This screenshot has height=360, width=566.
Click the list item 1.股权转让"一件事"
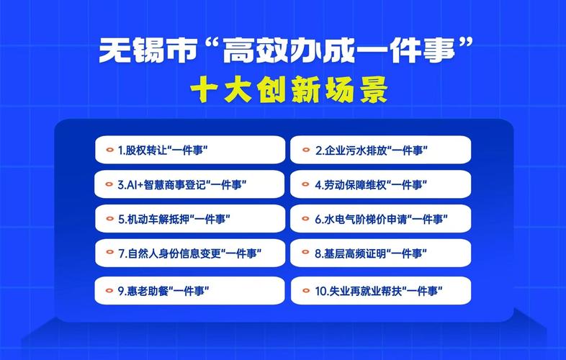[190, 150]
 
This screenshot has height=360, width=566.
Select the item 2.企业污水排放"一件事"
[380, 150]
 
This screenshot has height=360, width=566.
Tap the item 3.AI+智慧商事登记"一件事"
[190, 185]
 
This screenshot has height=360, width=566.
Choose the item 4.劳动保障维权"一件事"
[380, 185]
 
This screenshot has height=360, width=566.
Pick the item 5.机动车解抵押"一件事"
[190, 220]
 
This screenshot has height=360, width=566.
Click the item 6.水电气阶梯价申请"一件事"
[380, 220]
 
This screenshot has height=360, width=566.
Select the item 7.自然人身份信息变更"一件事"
[190, 254]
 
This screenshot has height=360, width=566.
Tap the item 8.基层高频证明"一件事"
[380, 254]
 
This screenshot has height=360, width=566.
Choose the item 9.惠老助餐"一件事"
[190, 292]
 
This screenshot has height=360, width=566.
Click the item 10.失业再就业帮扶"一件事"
[380, 292]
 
